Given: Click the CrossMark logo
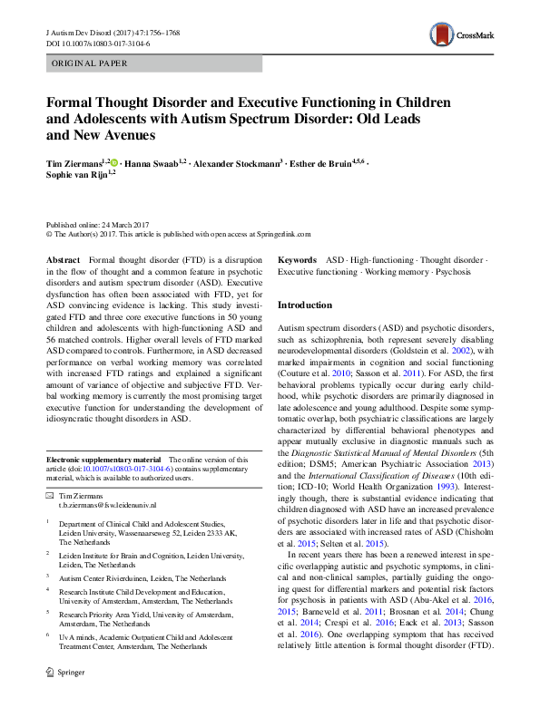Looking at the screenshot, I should [464, 36].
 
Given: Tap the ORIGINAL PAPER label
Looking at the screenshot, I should [89, 63].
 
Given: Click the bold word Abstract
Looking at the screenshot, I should [62, 259].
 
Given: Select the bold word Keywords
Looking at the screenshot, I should [297, 259].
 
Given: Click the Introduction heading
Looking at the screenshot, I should [304, 305].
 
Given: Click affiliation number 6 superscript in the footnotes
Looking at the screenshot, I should [48, 635].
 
